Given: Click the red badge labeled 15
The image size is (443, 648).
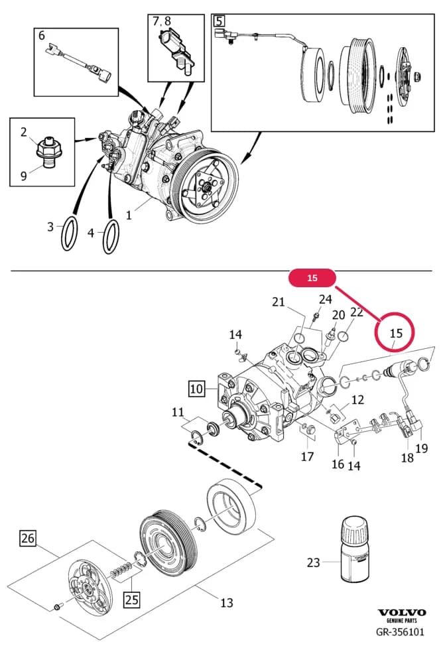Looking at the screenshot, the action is (312, 278).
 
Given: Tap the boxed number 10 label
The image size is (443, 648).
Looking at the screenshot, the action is (197, 389).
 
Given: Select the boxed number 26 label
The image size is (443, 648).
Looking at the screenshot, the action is (28, 539).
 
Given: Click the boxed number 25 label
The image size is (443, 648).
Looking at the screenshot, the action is (132, 599).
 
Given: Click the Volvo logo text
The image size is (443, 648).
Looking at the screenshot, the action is (402, 612).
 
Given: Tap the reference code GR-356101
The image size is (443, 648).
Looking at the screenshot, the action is (400, 632).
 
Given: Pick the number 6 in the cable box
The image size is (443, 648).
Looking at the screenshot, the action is (41, 36).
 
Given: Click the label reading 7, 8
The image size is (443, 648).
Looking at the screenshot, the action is (162, 21).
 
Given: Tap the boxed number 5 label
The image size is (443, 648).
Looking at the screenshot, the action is (219, 21).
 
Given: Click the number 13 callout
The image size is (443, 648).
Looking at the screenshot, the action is (227, 603).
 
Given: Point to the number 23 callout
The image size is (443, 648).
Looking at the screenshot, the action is (313, 562).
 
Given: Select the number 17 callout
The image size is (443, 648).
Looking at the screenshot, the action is (307, 456).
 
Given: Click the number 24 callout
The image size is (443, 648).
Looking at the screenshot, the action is (326, 298).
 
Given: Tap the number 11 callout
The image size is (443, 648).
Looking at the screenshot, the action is (178, 412).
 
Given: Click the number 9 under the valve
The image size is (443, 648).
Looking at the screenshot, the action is (24, 176).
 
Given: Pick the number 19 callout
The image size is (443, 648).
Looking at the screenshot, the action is (422, 448).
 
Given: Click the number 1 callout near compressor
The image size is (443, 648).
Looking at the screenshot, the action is (129, 215).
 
